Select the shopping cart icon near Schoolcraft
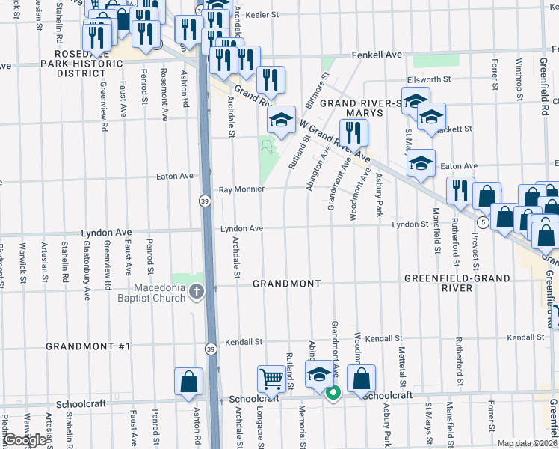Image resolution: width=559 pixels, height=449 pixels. (271, 379)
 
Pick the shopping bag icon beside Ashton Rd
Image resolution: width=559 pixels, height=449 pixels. (188, 381)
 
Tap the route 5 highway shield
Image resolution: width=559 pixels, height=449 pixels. (484, 222)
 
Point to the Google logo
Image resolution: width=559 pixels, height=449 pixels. (25, 440)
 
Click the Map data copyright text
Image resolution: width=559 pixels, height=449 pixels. (528, 443)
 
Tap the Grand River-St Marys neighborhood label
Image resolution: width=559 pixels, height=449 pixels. (362, 108)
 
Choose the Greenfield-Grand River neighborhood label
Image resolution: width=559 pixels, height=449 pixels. (457, 284)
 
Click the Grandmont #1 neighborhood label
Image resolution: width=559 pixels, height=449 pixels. (88, 346)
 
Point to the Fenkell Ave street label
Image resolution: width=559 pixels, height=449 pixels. (377, 55)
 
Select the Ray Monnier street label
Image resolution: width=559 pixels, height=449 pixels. (241, 189)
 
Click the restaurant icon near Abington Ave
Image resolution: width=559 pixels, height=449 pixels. (353, 133)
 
